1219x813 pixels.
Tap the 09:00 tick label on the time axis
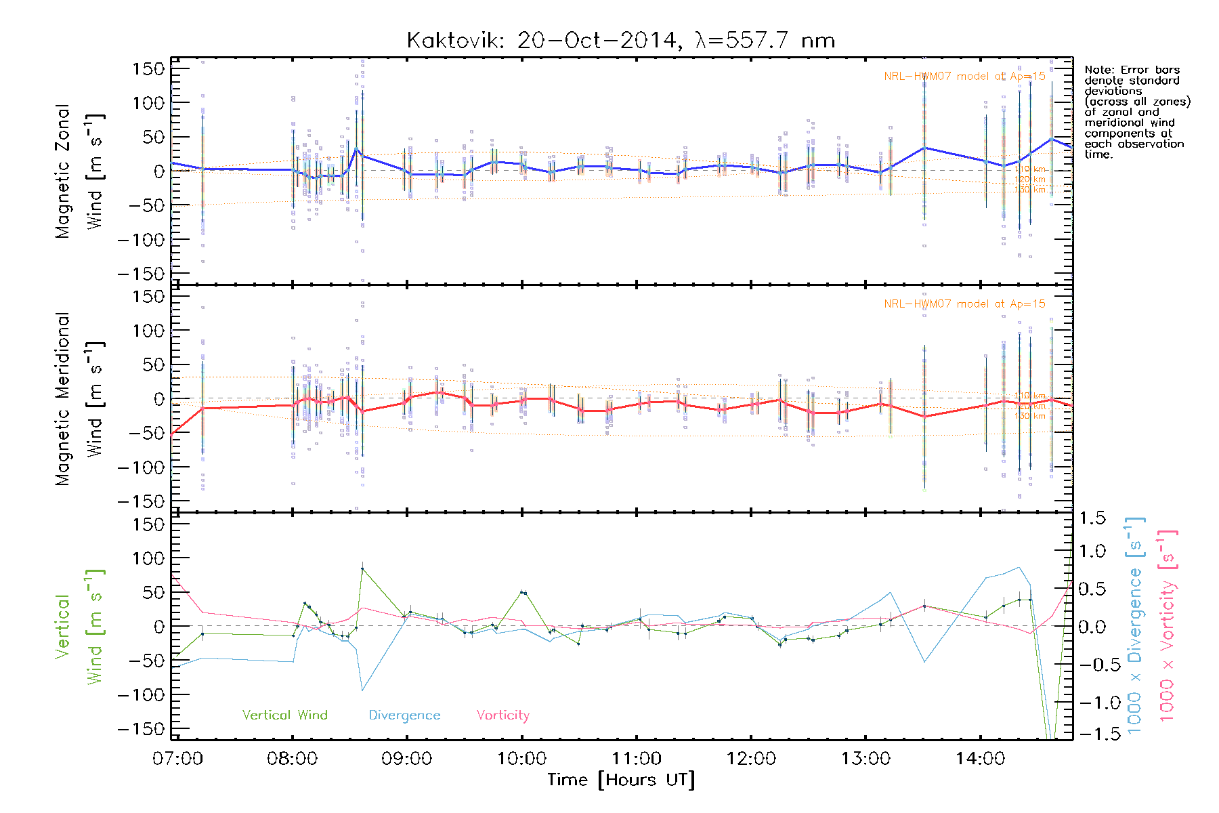click(x=406, y=759)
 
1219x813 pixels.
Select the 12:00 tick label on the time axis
click(x=750, y=759)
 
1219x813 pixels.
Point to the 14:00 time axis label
click(x=980, y=759)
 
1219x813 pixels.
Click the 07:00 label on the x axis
click(x=177, y=759)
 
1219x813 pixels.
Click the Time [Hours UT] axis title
click(x=621, y=780)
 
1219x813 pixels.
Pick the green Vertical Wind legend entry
click(x=284, y=715)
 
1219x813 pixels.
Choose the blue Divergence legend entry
click(x=404, y=715)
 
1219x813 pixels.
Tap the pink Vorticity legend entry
click(x=502, y=715)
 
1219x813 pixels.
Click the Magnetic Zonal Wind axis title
click(x=80, y=171)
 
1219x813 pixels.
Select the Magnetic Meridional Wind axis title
click(x=80, y=399)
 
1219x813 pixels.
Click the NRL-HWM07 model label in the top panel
click(x=964, y=77)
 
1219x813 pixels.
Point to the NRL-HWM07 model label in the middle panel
click(x=964, y=304)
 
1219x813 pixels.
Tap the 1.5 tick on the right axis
click(x=1092, y=518)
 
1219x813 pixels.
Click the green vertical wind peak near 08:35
click(x=362, y=569)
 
